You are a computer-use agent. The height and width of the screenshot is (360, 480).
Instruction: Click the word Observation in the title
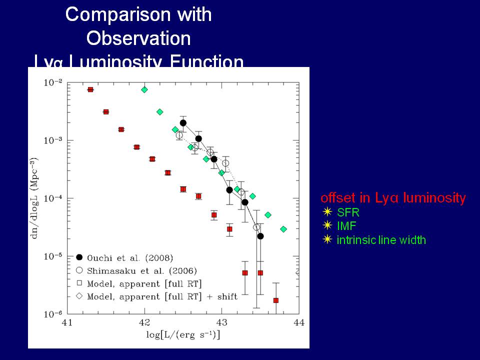(x=138, y=38)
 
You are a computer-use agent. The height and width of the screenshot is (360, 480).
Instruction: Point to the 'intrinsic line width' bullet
(x=381, y=240)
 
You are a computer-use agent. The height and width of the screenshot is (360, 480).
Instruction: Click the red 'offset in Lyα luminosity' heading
(x=392, y=198)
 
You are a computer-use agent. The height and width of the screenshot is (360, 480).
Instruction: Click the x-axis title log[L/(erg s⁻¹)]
(x=183, y=334)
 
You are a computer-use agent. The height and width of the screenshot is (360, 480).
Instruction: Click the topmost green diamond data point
(x=144, y=89)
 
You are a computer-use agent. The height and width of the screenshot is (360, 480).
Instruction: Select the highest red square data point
(x=90, y=89)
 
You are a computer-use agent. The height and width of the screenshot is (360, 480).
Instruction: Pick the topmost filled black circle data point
(x=183, y=123)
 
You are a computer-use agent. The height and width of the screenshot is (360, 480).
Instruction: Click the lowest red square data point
(x=275, y=300)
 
